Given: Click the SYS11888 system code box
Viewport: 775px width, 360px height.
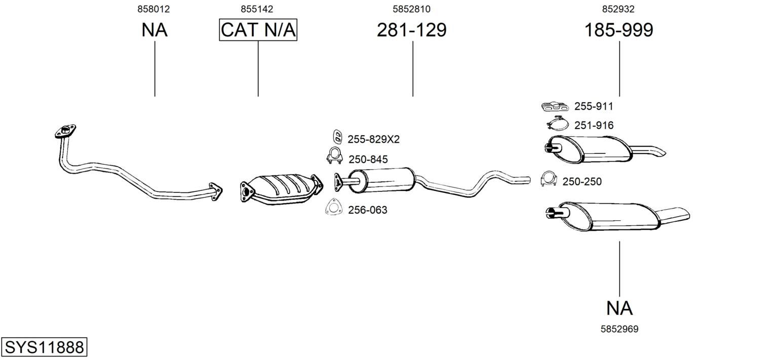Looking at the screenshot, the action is tap(44, 347).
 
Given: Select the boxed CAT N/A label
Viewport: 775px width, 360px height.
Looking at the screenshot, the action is tap(258, 30).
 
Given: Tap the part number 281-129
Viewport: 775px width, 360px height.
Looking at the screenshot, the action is tap(412, 30).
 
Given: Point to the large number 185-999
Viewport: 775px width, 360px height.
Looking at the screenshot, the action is tap(618, 30).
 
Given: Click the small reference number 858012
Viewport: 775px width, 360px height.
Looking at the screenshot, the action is tap(153, 9).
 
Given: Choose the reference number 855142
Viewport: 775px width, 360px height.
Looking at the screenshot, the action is tap(257, 9).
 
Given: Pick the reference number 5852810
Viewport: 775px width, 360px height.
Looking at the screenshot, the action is tap(411, 9).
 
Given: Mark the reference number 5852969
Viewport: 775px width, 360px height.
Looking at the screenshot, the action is tap(619, 329).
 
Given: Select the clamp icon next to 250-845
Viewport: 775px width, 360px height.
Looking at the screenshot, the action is tap(334, 156).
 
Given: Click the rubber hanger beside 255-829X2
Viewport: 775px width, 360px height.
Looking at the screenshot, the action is tap(337, 136).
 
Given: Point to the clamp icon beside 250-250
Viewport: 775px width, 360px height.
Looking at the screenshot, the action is tap(549, 178).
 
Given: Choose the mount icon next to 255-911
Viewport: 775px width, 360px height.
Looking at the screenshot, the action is tap(555, 107).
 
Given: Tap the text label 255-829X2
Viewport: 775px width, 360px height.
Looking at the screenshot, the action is tap(374, 139).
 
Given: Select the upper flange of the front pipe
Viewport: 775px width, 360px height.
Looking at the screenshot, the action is tap(65, 131).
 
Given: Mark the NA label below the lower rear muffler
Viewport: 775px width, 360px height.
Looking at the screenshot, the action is tap(619, 308).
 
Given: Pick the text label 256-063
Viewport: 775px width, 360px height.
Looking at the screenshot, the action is tap(368, 210).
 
